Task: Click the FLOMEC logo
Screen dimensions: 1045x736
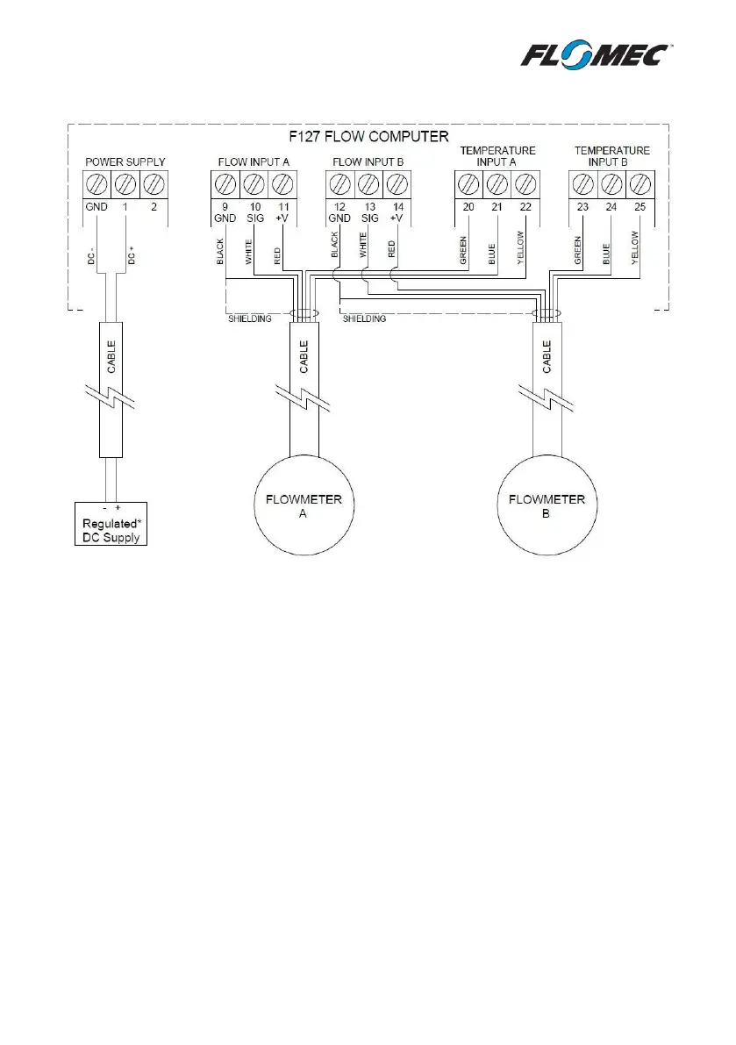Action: click(x=597, y=57)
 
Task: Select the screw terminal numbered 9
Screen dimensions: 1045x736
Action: click(x=225, y=184)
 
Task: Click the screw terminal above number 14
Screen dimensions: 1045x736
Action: click(x=397, y=184)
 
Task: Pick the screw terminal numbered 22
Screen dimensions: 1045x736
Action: click(x=525, y=184)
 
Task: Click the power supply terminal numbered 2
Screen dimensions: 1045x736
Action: click(x=154, y=184)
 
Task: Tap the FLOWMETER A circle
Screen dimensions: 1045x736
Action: click(x=303, y=507)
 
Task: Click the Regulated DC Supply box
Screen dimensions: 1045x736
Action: click(x=109, y=525)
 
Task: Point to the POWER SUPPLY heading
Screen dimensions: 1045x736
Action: click(x=125, y=162)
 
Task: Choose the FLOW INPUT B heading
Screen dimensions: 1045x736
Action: click(x=368, y=162)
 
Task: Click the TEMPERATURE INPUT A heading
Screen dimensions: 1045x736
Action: click(x=497, y=156)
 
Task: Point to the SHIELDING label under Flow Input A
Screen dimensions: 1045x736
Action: click(x=239, y=319)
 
